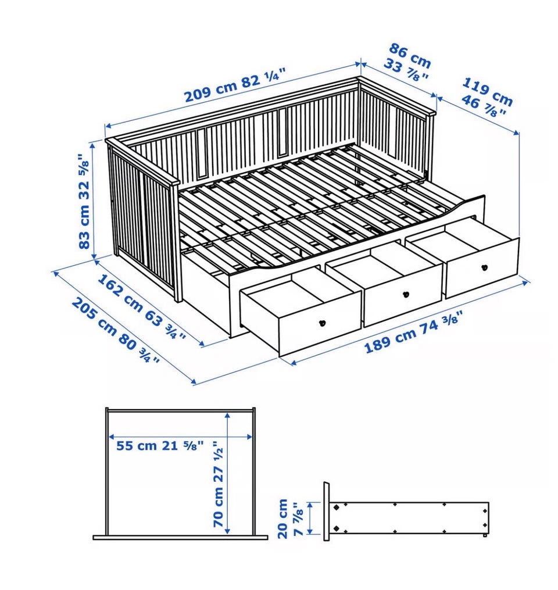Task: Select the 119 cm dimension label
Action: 485,96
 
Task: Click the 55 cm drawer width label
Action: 159,446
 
